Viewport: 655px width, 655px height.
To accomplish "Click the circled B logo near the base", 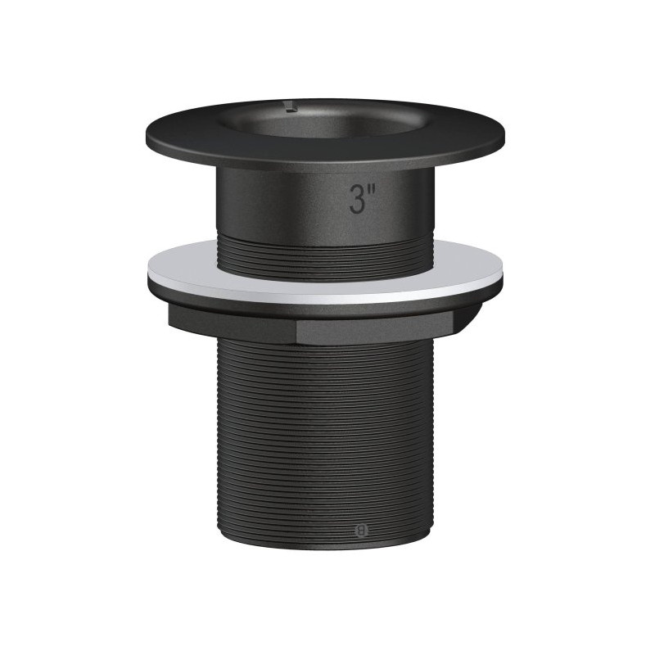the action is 362,530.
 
